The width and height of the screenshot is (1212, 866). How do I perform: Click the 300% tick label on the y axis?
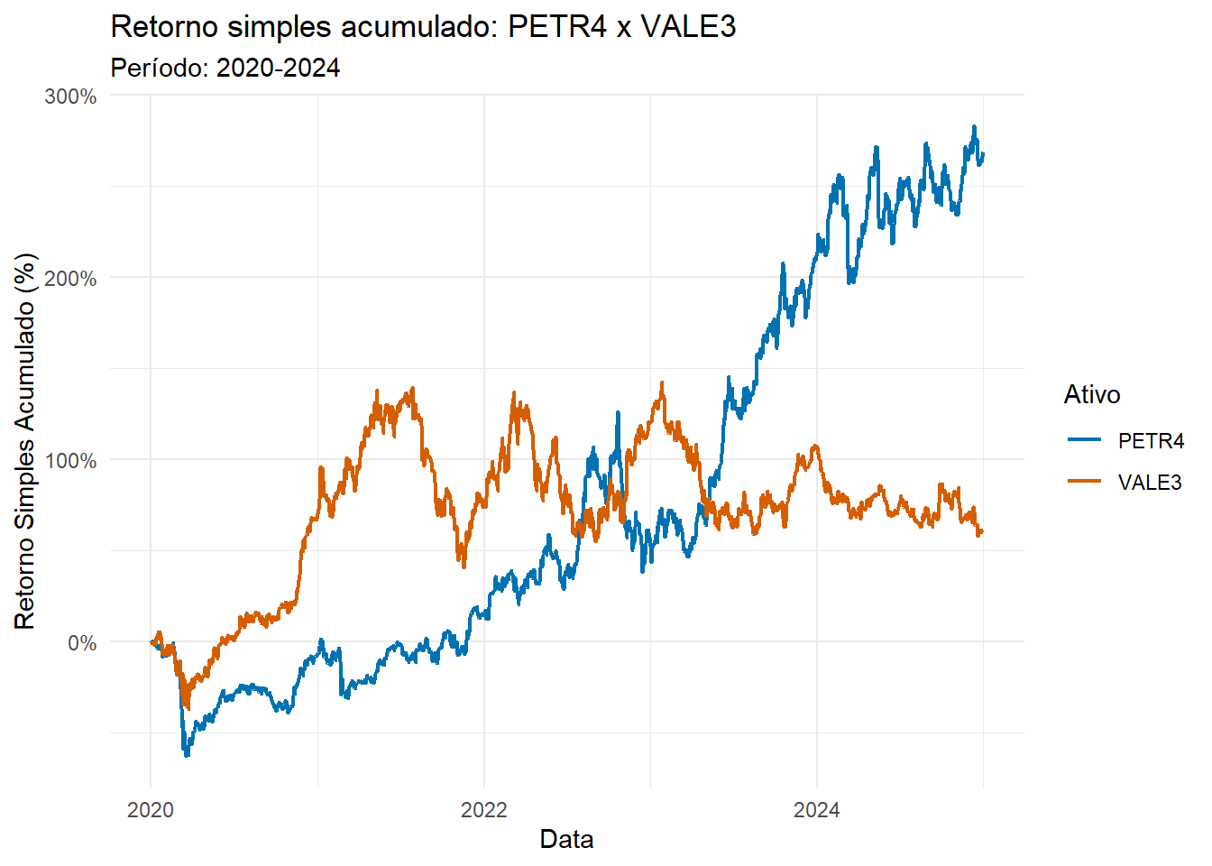[x=70, y=97]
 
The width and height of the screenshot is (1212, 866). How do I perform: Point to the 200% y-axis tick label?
[x=70, y=279]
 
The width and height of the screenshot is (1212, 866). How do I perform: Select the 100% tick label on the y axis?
[x=70, y=461]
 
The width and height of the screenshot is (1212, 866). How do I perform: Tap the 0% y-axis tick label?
[x=82, y=643]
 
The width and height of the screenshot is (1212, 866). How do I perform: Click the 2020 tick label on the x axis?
[x=151, y=809]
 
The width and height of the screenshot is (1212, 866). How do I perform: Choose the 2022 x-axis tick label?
[x=484, y=809]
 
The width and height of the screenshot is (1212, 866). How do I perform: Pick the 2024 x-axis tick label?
[x=816, y=809]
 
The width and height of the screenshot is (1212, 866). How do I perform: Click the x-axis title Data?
[x=566, y=840]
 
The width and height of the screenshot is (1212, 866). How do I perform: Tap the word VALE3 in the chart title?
[x=688, y=27]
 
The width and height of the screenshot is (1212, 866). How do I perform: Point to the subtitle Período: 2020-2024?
[x=225, y=68]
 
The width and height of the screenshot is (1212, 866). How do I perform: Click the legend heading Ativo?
[x=1092, y=394]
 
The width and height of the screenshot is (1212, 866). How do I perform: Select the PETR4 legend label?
[x=1151, y=441]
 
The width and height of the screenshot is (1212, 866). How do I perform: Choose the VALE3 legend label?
[x=1150, y=483]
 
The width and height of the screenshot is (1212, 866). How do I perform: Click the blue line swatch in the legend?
[x=1085, y=440]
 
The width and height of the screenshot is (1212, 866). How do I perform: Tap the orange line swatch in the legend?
[x=1085, y=482]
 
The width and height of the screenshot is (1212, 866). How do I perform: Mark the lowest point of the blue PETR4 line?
[x=187, y=754]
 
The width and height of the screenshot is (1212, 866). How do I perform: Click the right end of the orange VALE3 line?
[x=983, y=531]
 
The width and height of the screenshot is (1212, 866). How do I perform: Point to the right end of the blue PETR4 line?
[x=983, y=154]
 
